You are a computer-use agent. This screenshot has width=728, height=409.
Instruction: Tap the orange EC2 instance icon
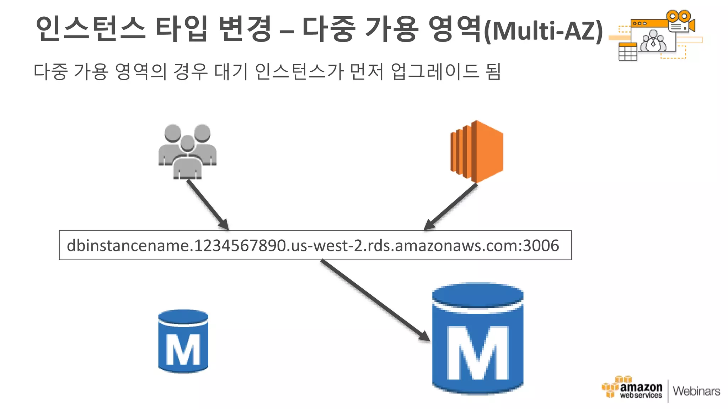[477, 152]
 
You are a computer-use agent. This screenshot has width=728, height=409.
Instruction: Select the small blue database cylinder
[183, 341]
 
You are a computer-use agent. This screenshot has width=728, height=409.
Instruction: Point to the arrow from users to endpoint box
[207, 204]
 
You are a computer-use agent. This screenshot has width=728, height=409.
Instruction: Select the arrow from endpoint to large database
[375, 300]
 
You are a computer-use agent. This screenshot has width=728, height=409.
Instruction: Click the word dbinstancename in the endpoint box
[128, 246]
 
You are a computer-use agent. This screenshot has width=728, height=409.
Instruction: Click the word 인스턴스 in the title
[90, 28]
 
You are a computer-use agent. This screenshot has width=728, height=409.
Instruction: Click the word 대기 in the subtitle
[231, 71]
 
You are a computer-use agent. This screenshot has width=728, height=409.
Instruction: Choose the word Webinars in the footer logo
[696, 391]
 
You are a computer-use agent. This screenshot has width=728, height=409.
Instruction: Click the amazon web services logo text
[641, 390]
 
